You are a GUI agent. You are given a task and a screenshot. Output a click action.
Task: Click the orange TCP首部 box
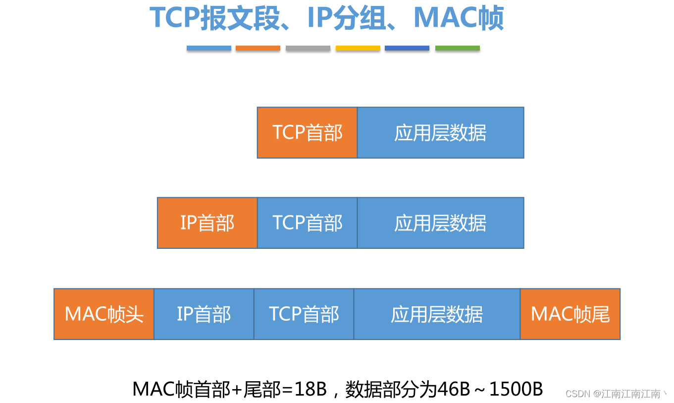pos(307,132)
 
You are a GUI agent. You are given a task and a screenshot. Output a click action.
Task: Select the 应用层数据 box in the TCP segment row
pos(440,132)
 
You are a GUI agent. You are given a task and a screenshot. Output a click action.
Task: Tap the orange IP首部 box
pos(207,223)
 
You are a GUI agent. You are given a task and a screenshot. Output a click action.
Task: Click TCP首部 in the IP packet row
pos(307,223)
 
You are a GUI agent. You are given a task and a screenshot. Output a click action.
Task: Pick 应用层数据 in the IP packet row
pos(440,223)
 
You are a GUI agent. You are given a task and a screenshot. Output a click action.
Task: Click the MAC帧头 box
pos(104,314)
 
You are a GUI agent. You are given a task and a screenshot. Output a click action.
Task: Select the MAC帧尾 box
pos(570,314)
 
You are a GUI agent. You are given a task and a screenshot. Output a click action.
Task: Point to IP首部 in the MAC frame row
pos(204,314)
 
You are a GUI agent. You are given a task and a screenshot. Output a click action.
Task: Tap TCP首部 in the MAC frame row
pos(304,314)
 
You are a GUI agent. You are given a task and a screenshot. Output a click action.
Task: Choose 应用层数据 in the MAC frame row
pos(437,314)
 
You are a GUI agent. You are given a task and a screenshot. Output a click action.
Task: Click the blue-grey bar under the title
pos(209,48)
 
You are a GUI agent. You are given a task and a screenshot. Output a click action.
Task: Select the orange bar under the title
pos(258,48)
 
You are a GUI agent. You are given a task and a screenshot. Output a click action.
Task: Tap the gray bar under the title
pos(308,48)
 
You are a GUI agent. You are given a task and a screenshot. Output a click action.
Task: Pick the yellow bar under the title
pos(358,48)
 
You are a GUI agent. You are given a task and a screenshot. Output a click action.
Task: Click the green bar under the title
pos(458,48)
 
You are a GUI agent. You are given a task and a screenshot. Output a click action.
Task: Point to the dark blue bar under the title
pos(407,48)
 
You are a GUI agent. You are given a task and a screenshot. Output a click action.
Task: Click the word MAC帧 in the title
pos(459,18)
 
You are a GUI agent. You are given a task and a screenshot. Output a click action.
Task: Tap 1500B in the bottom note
pos(516,389)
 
